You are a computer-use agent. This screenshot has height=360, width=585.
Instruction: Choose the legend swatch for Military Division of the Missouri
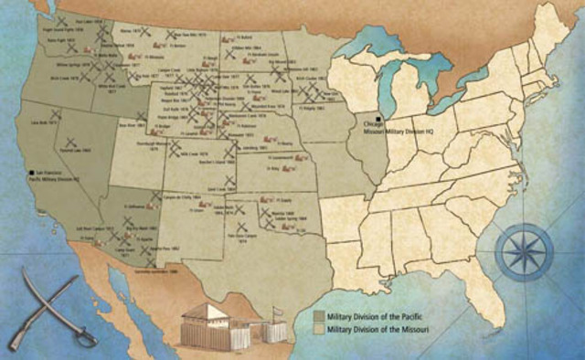tap(319, 326)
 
